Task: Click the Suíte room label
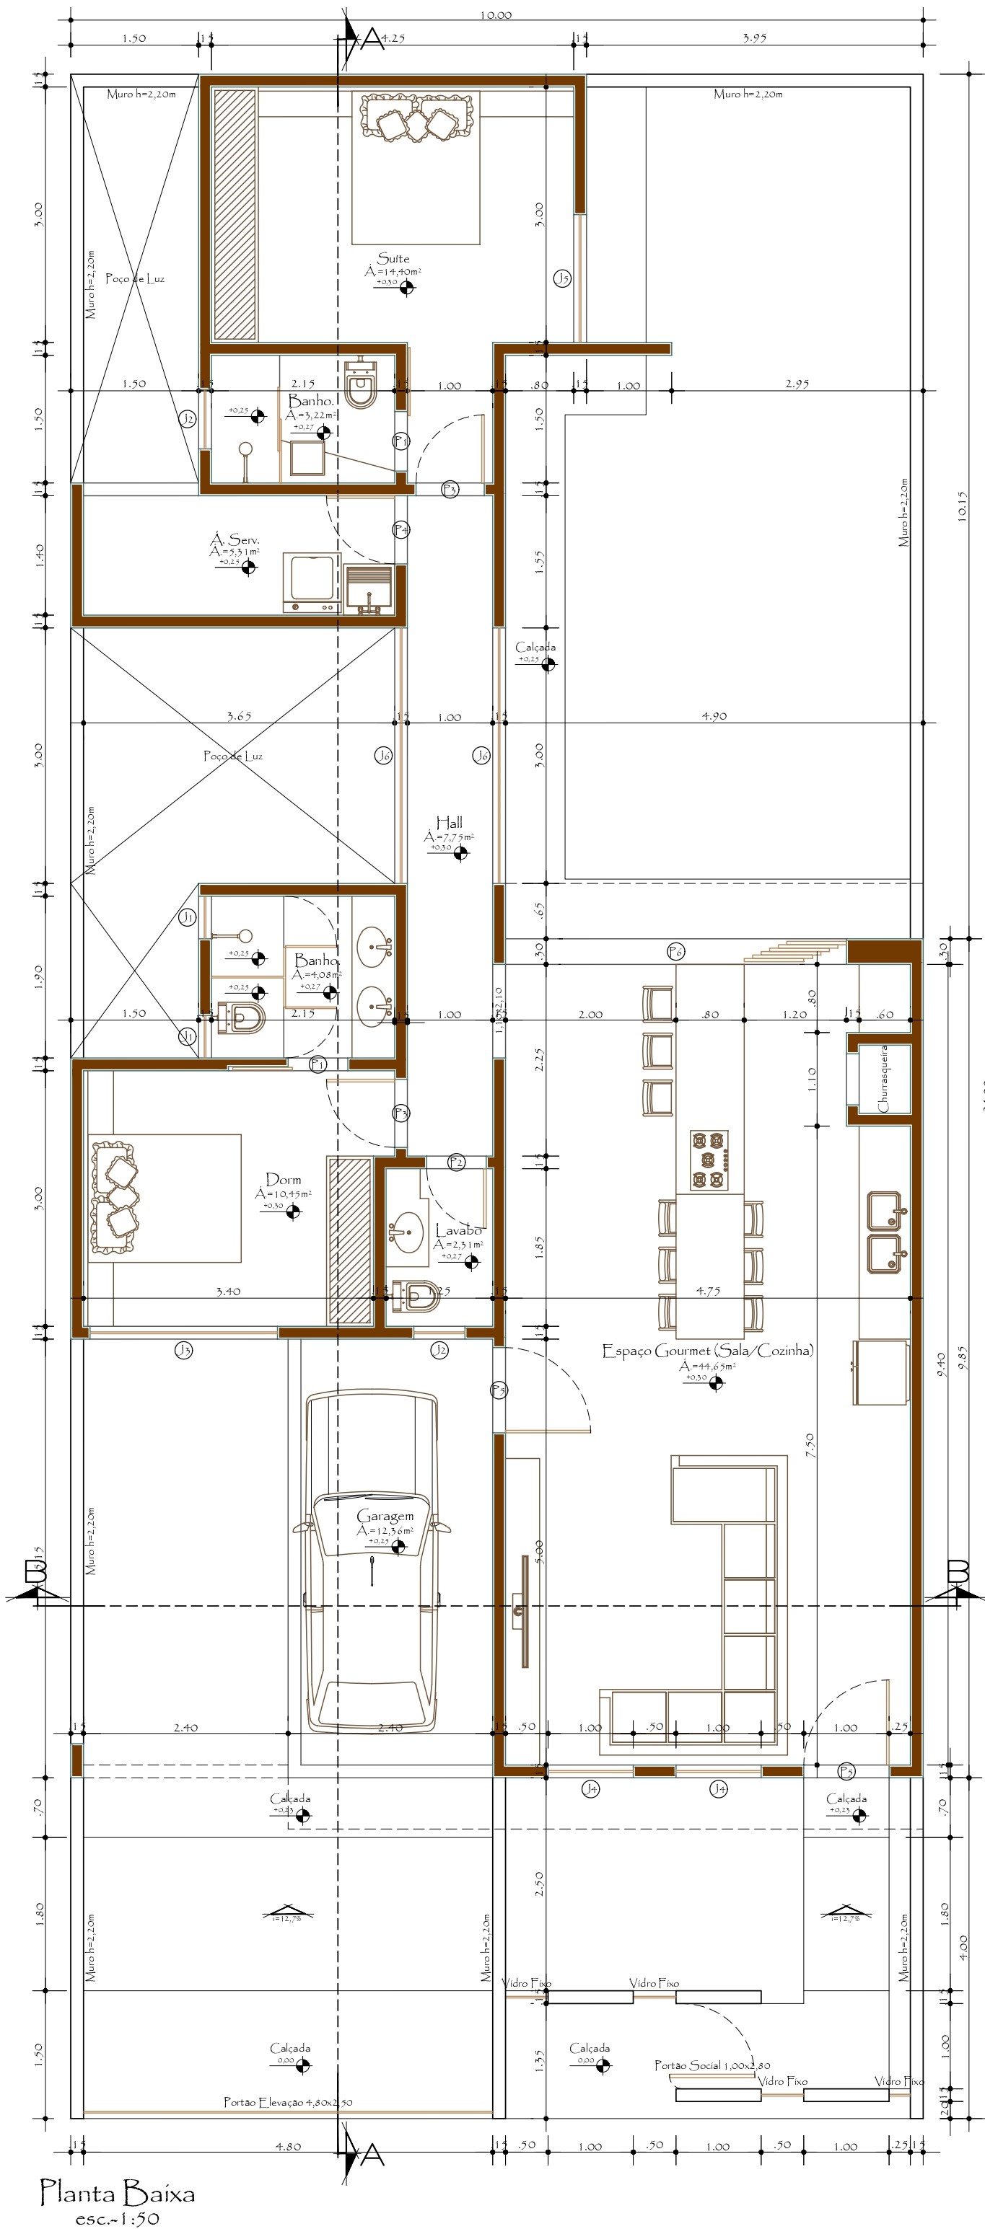click(x=393, y=258)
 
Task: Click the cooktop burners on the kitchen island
click(x=709, y=1160)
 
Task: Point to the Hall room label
click(x=448, y=822)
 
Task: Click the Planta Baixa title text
click(x=118, y=2194)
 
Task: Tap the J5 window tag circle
click(x=563, y=278)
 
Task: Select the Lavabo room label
click(x=459, y=1230)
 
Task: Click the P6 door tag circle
click(x=676, y=952)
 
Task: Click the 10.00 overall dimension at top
click(x=495, y=14)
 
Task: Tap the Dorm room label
click(x=283, y=1179)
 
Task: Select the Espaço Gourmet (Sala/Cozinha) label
click(x=707, y=1350)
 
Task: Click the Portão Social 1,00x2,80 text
click(x=712, y=2065)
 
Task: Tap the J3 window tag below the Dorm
click(x=183, y=1349)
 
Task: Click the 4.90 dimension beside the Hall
click(x=714, y=715)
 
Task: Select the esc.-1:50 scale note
click(x=117, y=2217)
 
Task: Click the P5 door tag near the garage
click(x=499, y=1390)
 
